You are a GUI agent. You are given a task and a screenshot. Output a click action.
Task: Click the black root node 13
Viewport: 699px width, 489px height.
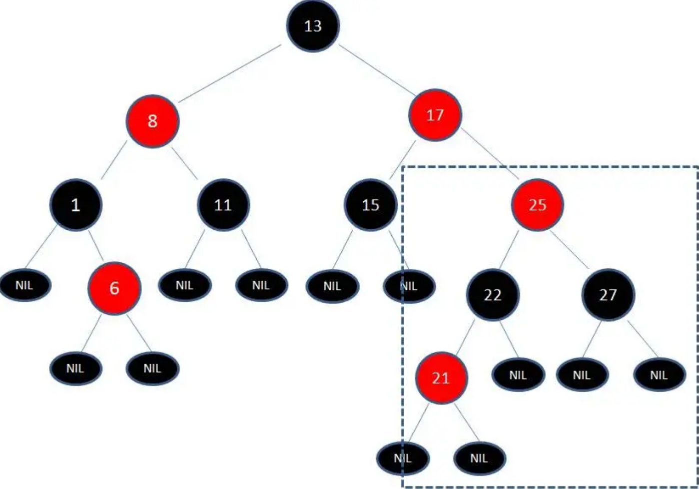[313, 26]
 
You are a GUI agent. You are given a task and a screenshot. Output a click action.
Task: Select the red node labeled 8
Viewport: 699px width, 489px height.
[152, 121]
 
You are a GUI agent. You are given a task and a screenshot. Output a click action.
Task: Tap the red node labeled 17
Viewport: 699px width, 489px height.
[435, 115]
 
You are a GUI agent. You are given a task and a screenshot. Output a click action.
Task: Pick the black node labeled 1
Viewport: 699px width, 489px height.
[75, 205]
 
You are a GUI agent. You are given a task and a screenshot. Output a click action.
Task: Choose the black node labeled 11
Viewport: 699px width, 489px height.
[223, 205]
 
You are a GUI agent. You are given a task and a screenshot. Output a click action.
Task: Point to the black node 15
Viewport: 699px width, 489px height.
[370, 205]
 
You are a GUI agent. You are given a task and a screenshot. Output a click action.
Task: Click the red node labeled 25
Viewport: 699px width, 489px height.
[537, 205]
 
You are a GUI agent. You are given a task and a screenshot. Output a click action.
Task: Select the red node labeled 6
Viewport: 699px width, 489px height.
[114, 288]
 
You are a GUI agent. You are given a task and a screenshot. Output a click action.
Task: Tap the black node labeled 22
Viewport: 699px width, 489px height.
[493, 295]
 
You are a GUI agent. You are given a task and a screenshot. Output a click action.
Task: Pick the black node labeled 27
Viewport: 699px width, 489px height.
[608, 295]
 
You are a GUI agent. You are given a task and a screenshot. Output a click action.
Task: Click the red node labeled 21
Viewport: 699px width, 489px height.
[441, 378]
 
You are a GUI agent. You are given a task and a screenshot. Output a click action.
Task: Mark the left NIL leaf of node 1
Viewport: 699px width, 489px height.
[24, 286]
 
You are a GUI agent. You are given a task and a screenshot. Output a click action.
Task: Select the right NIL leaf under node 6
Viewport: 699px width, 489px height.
[152, 369]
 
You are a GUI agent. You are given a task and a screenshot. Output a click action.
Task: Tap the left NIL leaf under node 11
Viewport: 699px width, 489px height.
[184, 286]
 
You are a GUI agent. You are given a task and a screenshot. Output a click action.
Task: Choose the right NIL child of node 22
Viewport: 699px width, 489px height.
[518, 375]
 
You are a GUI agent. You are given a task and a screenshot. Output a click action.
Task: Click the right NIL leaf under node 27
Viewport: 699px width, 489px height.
[659, 375]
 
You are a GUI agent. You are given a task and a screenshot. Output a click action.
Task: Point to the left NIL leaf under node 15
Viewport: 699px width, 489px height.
[332, 287]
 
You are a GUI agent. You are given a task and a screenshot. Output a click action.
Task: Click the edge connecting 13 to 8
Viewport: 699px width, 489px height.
[230, 73]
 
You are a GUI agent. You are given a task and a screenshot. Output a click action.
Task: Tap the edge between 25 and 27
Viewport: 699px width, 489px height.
[570, 250]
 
